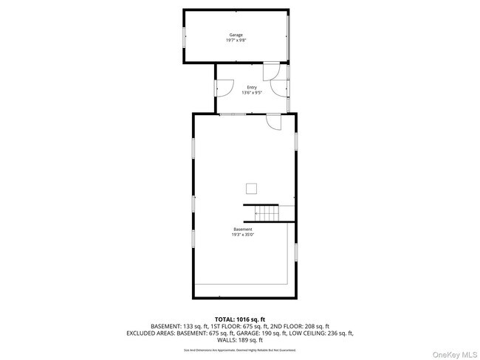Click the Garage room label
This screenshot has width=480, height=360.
tap(236, 35)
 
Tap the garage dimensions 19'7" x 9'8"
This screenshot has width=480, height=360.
tap(236, 41)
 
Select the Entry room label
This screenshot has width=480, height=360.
tap(252, 87)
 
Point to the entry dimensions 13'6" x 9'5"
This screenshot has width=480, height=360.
tap(252, 93)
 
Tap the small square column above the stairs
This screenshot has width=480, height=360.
tap(252, 187)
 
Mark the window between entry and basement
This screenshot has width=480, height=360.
tap(233, 114)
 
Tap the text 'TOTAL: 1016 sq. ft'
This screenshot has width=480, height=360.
tap(239, 319)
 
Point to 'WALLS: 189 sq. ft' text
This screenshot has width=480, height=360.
tap(239, 339)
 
